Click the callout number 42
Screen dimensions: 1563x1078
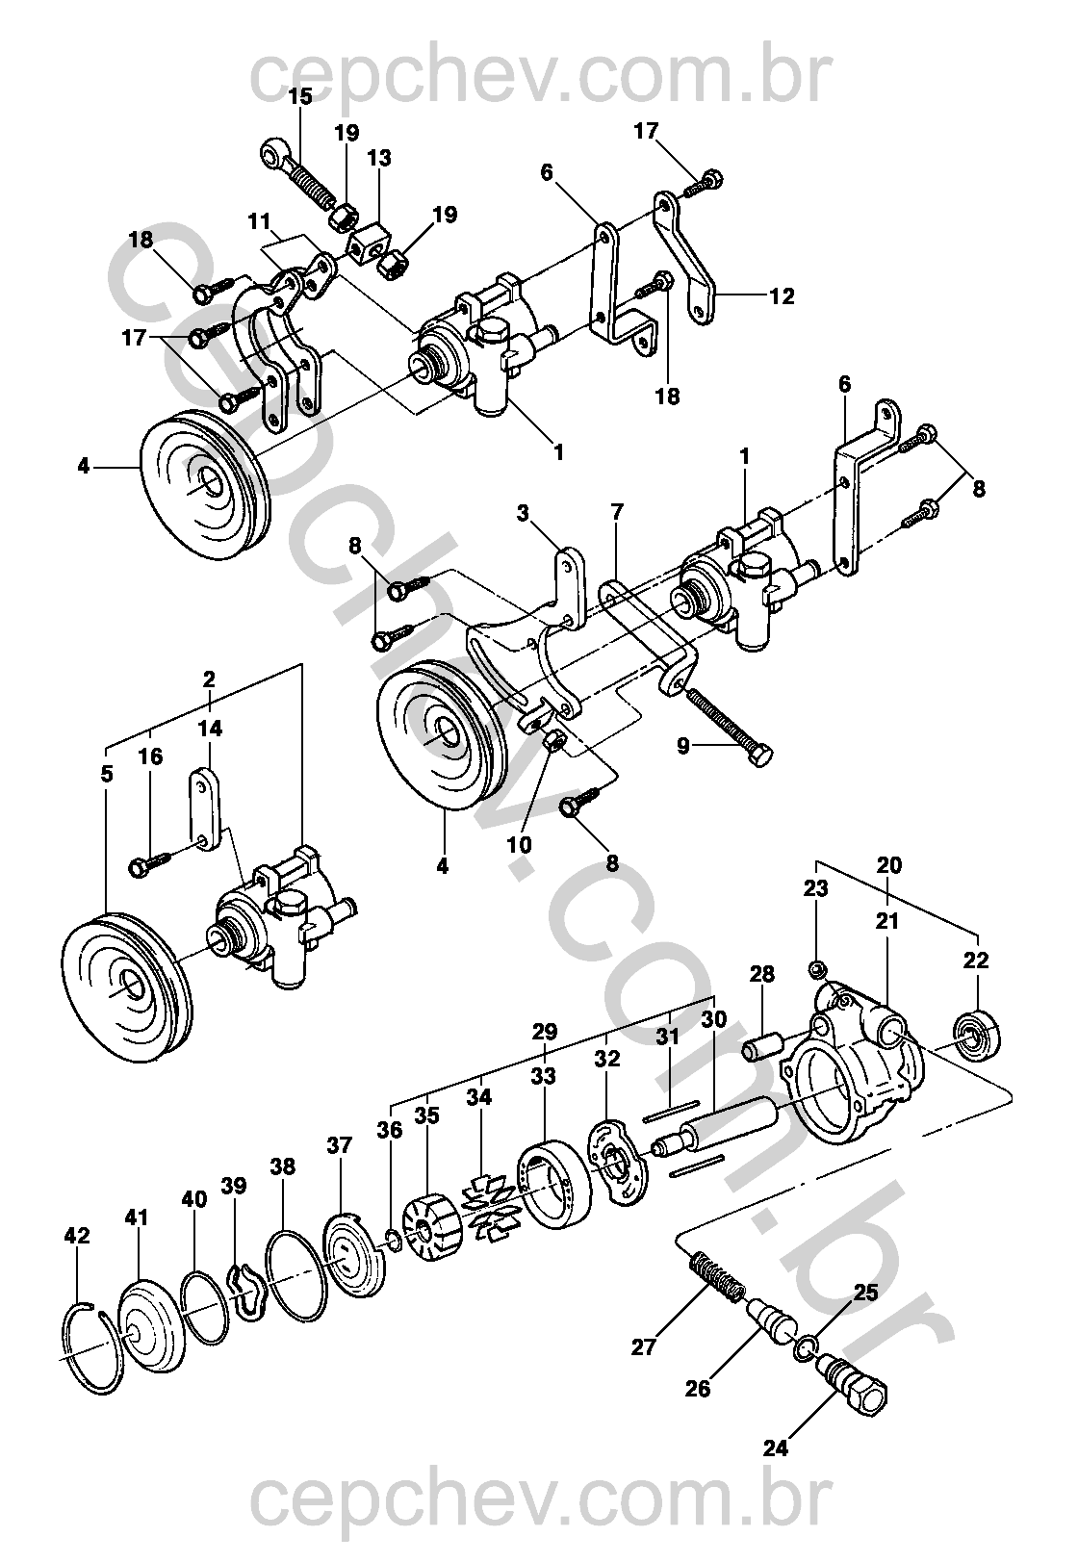pyautogui.click(x=77, y=1237)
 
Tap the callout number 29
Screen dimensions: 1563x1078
pyautogui.click(x=544, y=1032)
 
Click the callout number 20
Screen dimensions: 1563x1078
pyautogui.click(x=890, y=865)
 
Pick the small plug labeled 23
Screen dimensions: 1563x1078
pyautogui.click(x=817, y=967)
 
